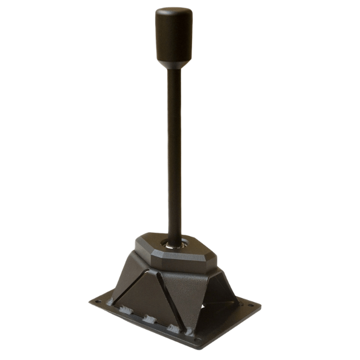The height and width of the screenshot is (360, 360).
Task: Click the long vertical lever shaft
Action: [174, 150]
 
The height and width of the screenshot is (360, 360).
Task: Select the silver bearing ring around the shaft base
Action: [176, 242]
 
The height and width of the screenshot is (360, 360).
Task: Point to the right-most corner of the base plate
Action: [260, 306]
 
